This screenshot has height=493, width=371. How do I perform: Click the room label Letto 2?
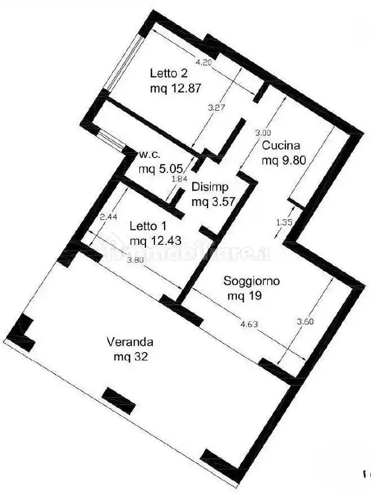169,73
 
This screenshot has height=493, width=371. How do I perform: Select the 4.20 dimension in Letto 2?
204,63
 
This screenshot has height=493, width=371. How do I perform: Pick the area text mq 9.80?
284,160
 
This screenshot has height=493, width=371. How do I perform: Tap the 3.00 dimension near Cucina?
263,132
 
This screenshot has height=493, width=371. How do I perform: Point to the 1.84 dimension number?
179,179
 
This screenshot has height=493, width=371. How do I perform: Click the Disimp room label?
210,187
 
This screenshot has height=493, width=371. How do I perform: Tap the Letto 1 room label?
148,226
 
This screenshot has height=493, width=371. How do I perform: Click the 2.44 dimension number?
108,217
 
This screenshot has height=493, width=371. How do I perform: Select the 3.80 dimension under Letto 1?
135,260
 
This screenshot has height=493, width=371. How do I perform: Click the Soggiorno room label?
251,280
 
